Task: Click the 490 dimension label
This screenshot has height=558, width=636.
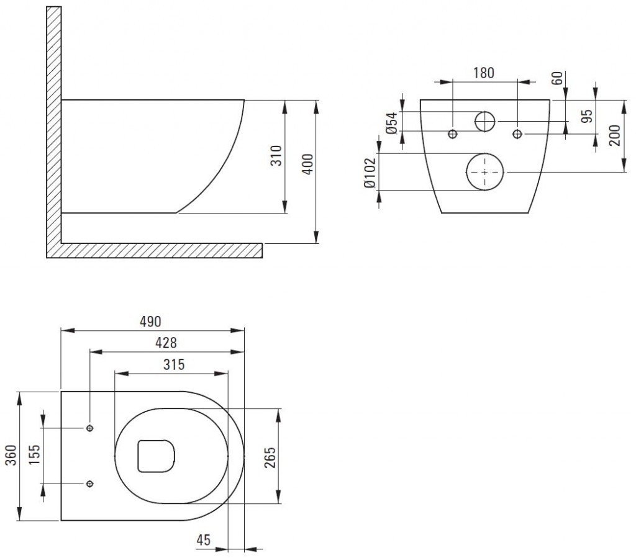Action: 150,321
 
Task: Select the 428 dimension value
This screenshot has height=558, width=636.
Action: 166,343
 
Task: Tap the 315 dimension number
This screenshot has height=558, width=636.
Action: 174,364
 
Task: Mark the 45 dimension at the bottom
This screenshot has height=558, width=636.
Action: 203,541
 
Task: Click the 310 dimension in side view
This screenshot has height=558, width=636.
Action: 277,156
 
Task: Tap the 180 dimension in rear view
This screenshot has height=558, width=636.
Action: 483,73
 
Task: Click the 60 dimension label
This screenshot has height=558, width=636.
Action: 557,79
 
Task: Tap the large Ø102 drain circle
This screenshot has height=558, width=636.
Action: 485,171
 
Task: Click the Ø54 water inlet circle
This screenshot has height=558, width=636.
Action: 484,121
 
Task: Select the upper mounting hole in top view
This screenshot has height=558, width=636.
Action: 90,428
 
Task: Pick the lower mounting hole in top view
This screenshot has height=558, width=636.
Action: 90,484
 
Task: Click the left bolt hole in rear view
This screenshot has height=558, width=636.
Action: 453,133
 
